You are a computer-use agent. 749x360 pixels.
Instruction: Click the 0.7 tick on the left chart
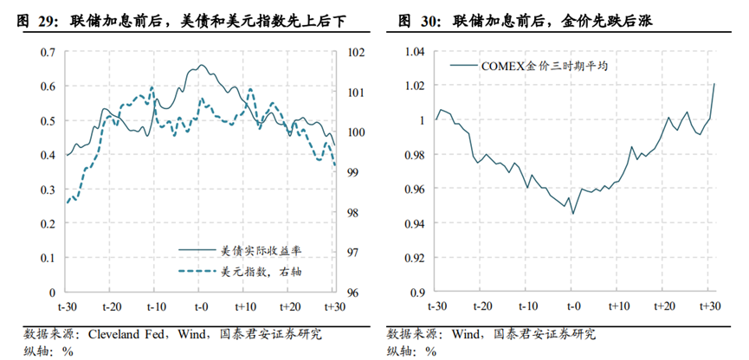click(48, 52)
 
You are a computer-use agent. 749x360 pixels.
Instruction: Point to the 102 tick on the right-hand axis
click(355, 52)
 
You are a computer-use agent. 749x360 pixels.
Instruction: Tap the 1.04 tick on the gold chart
click(413, 52)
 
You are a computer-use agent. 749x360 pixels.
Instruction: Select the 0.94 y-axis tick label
click(413, 223)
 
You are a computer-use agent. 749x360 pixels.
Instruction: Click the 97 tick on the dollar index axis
click(352, 252)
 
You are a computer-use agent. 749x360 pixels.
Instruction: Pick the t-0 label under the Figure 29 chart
click(201, 307)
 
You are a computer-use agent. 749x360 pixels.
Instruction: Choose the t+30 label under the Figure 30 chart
click(711, 307)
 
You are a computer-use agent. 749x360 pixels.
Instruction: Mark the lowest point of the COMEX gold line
click(573, 214)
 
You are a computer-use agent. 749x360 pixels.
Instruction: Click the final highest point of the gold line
click(714, 84)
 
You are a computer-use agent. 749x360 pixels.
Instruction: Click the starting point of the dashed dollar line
click(67, 203)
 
